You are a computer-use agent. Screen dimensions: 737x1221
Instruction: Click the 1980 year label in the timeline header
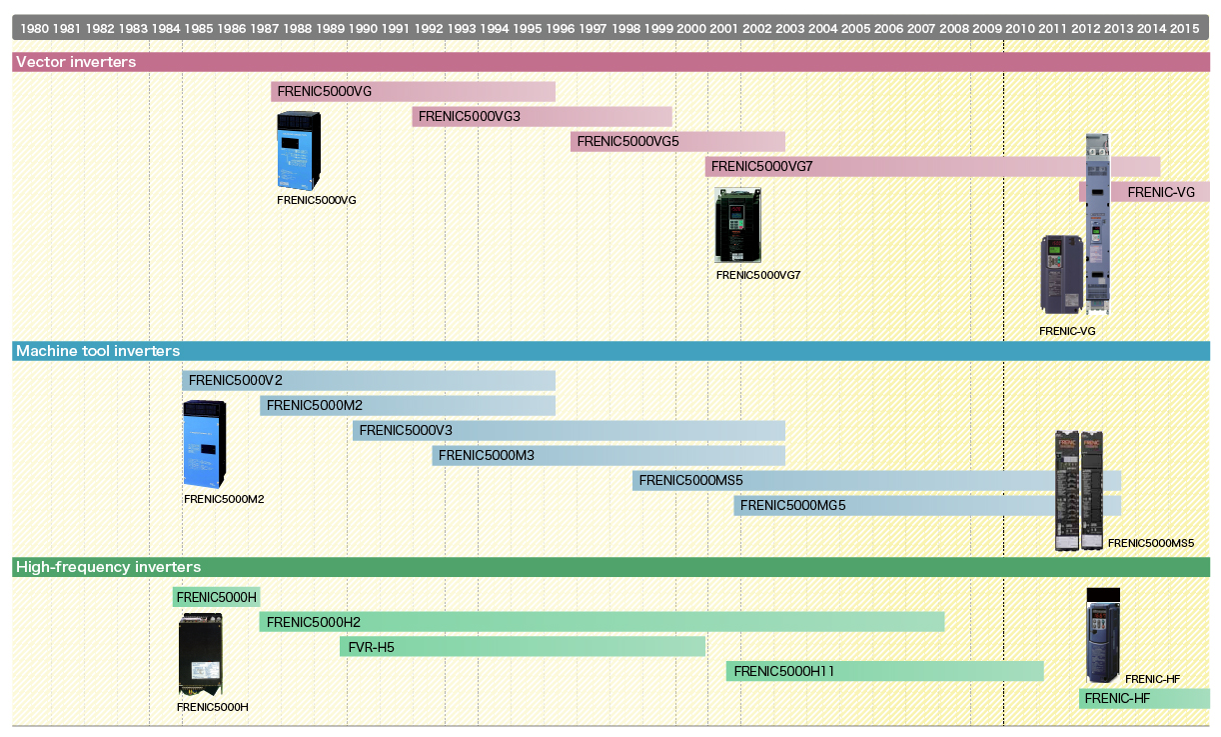coord(34,28)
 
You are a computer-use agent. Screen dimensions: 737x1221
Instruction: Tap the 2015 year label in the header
coord(1184,28)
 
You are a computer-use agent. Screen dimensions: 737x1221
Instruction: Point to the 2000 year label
coord(691,28)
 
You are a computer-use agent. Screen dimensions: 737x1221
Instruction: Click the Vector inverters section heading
coord(76,62)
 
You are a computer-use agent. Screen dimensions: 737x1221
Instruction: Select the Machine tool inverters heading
coord(98,351)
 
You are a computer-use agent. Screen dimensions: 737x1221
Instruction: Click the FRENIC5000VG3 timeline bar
coord(541,117)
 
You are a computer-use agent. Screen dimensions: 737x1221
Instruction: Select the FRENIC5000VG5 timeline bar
coord(676,142)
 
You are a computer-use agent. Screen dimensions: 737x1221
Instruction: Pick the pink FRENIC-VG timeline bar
coord(1159,192)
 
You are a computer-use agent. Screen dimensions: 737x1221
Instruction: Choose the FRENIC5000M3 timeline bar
coord(608,456)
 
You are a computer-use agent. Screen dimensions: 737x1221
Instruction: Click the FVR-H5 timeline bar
coord(522,647)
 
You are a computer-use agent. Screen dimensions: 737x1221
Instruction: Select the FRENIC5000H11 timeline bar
coord(884,672)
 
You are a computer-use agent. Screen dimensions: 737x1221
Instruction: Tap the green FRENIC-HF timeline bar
coord(1143,699)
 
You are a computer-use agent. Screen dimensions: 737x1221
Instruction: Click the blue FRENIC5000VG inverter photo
coord(299,150)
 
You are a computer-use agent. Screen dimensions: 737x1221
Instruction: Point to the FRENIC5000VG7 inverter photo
coord(737,226)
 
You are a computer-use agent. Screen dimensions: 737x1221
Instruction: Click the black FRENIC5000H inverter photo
coord(200,655)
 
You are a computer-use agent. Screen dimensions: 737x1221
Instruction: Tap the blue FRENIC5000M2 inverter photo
coord(204,444)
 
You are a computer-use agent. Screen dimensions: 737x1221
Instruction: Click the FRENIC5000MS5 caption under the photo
coord(1151,544)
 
